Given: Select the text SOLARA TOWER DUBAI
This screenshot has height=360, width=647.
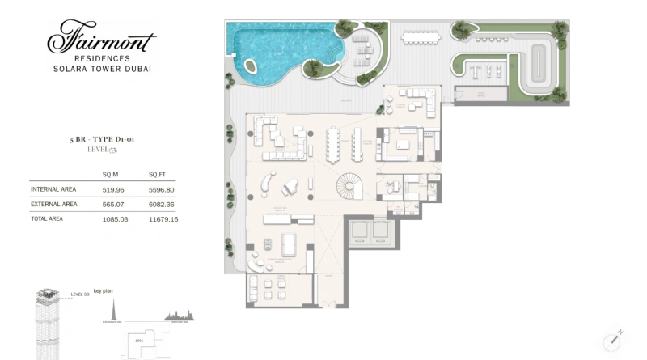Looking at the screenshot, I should pos(100,70).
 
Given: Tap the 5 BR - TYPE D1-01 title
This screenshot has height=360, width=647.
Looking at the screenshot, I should pos(101,140).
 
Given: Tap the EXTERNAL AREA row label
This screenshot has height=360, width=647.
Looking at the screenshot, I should pos(54,204).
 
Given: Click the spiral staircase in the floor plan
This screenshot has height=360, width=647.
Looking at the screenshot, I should pos(350,188).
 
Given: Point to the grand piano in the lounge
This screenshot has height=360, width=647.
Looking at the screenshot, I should pos(290,188).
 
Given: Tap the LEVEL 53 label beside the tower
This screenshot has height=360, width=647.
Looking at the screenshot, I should pos(80,294).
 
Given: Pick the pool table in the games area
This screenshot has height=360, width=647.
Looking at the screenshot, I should pos(287,243).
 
